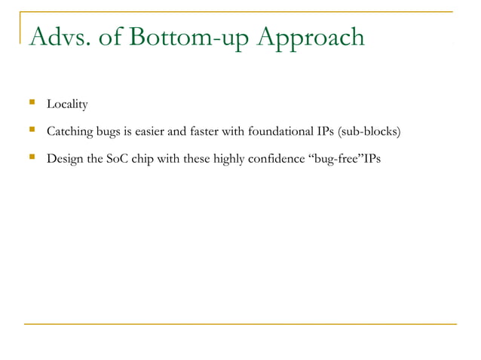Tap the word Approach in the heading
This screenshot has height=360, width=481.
(x=312, y=37)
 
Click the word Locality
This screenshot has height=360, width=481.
(x=67, y=103)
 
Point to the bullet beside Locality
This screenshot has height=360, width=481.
(x=32, y=103)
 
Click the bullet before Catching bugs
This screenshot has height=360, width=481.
(x=32, y=132)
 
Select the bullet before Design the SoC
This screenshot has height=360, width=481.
(x=32, y=159)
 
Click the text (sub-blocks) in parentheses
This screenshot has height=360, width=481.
(x=369, y=133)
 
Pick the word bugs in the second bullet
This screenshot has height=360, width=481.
(x=111, y=133)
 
